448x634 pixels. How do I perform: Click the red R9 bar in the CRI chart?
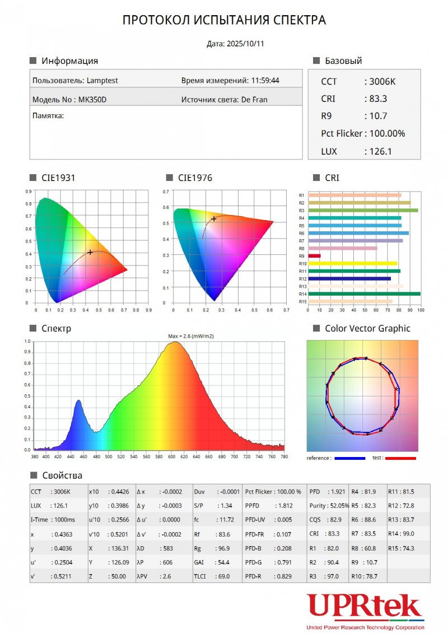315,256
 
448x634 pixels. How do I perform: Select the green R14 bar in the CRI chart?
364,293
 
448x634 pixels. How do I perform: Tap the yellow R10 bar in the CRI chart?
353,263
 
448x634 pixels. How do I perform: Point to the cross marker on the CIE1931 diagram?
90,253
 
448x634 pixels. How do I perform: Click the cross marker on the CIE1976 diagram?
214,219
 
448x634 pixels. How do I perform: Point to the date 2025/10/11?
244,44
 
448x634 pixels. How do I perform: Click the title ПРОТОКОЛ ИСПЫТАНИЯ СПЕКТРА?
224,21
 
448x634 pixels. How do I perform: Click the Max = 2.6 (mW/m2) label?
191,336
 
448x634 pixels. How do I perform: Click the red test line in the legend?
400,458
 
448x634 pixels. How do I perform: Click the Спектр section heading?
57,329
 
